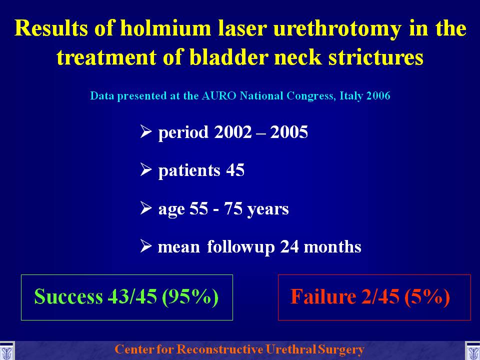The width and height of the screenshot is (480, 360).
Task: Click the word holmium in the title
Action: pos(165,28)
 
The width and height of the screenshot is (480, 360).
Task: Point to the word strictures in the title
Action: pos(376,56)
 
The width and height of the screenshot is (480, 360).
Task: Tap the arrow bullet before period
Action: pos(146,131)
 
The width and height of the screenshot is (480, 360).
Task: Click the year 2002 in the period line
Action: pos(233,132)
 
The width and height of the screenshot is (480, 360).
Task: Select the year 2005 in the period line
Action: pos(289,132)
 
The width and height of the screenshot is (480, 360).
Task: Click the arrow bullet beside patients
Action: pos(146,169)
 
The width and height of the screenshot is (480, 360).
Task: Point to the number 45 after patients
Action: pos(235,170)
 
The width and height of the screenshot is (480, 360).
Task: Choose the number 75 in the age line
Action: pos(233,208)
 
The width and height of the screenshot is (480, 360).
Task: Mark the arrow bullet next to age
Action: pos(146,208)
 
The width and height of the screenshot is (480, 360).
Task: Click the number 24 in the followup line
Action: pos(289,246)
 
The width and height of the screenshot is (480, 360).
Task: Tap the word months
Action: pos(332,246)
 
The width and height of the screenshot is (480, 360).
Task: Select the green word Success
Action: pos(68,296)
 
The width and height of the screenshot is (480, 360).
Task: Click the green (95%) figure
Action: pos(190,296)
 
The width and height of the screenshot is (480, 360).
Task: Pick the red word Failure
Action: pos(323,296)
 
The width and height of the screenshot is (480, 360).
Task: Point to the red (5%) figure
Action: pos(427,296)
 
